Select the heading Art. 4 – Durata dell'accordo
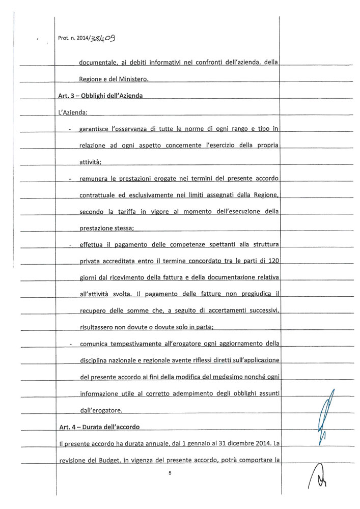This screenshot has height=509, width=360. [x=99, y=427]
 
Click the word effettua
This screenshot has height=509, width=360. [x=92, y=244]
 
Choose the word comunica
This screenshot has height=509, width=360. [x=95, y=344]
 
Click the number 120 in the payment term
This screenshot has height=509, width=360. [x=274, y=261]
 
